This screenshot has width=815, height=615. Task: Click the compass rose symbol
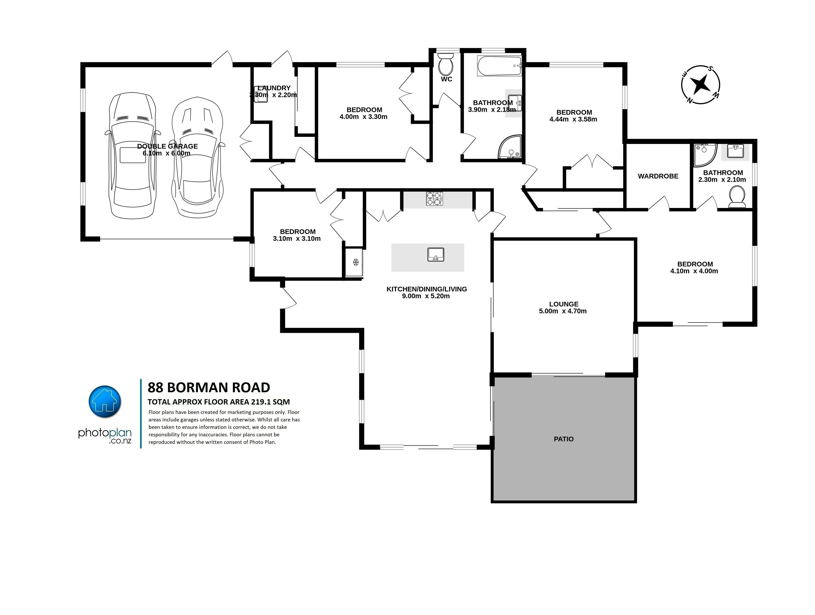(x=700, y=85)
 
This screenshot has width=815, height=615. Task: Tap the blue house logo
(x=105, y=402)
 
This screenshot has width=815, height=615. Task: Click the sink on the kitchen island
(x=436, y=255)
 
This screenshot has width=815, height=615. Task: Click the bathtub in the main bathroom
(x=499, y=66)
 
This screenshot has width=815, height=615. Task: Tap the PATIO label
(x=564, y=439)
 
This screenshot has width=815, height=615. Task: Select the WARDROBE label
(x=658, y=176)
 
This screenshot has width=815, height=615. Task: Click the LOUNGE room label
(x=564, y=304)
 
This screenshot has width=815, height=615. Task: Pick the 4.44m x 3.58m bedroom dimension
(x=573, y=119)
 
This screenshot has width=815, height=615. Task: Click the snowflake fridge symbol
(x=356, y=262)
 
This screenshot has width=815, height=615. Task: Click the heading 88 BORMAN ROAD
(x=209, y=388)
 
